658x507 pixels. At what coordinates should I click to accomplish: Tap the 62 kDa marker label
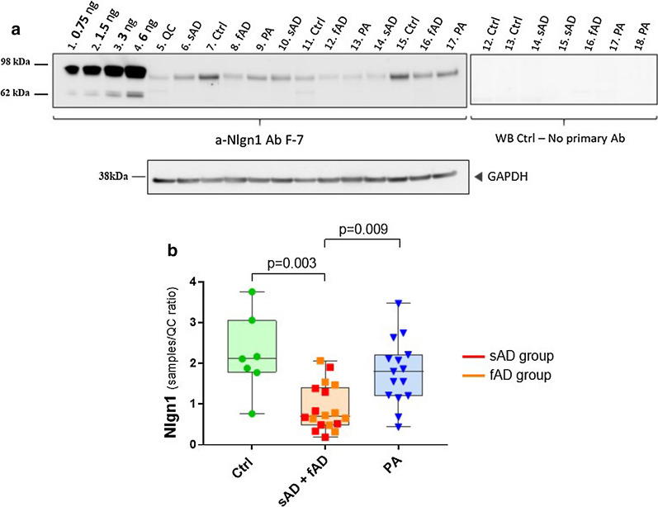(17, 95)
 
